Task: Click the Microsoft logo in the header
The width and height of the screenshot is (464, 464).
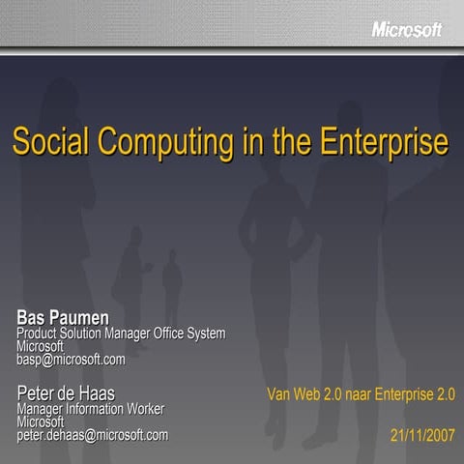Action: coord(406,30)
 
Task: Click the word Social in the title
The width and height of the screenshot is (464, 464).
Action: coord(44,142)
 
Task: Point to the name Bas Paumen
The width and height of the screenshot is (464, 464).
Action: coord(63,317)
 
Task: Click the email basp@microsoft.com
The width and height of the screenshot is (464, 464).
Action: coord(71,360)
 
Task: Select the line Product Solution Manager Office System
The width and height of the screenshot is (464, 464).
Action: coord(121,333)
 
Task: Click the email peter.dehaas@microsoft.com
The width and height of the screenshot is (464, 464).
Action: coord(92,435)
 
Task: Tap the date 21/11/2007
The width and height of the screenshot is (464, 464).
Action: coord(422,435)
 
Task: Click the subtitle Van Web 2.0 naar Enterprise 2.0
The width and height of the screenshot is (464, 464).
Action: coord(362,394)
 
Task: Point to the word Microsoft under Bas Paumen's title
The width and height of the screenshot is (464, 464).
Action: coord(41,346)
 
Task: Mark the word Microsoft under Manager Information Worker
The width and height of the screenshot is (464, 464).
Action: coord(41,421)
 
